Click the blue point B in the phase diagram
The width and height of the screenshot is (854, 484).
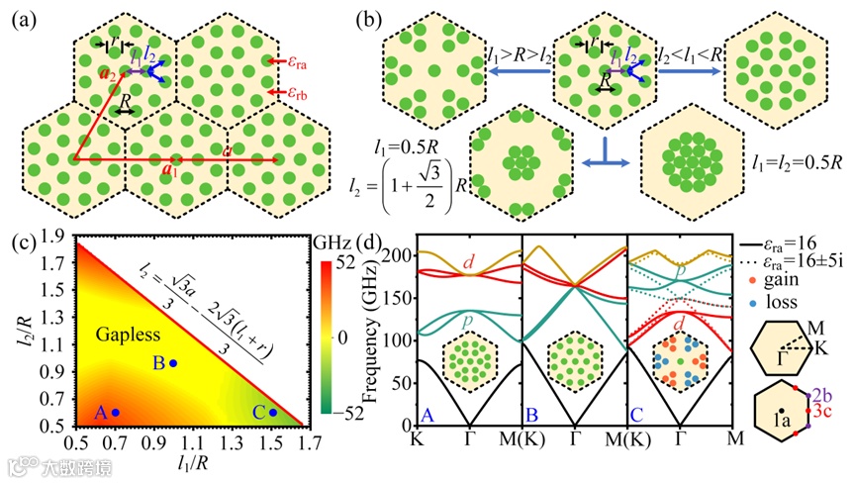click(x=173, y=363)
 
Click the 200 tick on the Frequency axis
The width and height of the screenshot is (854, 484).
click(x=405, y=256)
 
